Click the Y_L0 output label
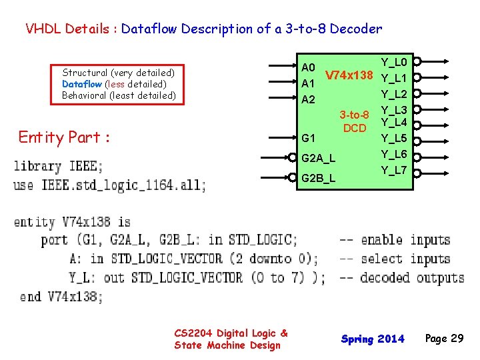394,63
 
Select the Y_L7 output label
394,170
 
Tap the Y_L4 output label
394,122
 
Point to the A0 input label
308,67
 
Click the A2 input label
308,99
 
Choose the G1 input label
309,139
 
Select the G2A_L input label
319,159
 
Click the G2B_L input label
319,179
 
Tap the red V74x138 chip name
348,74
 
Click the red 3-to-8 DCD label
355,121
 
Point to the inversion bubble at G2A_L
292,158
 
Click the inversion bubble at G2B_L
292,177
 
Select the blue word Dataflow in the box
82,84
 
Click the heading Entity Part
64,137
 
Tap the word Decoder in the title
356,29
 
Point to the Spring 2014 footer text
373,339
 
